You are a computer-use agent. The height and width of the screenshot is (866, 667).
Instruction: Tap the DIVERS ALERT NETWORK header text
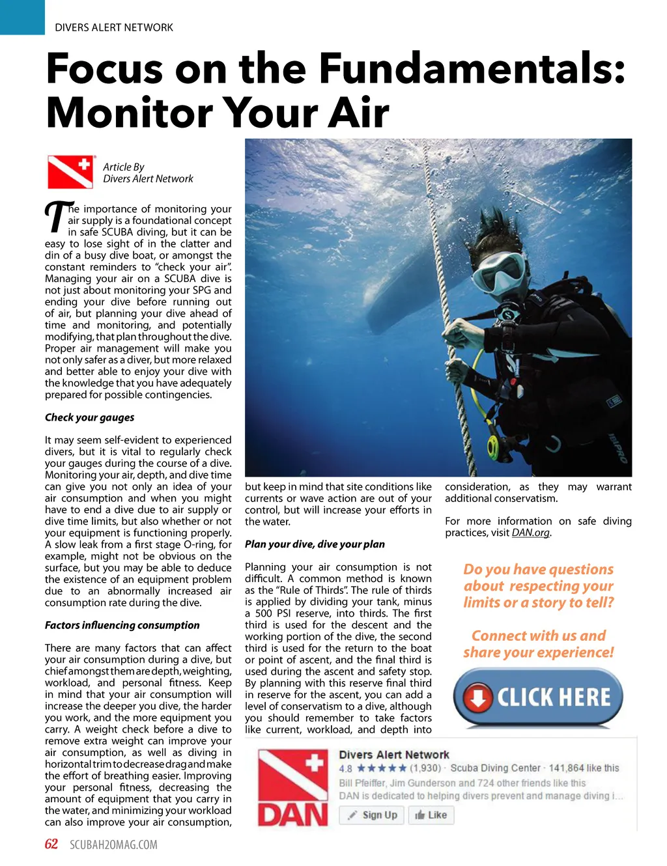[x=114, y=27]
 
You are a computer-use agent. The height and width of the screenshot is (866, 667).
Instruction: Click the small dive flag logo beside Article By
[x=70, y=172]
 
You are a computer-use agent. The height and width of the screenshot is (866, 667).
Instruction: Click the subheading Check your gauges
[x=89, y=417]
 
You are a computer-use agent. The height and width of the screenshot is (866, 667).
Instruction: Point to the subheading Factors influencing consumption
[x=122, y=625]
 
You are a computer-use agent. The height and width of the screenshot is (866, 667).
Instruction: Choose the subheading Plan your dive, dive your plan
[x=315, y=544]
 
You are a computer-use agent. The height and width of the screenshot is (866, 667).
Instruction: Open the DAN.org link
[x=530, y=533]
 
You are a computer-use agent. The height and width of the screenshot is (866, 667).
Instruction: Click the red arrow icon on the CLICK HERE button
[x=478, y=698]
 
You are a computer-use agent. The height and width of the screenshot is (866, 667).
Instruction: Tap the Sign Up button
[x=372, y=815]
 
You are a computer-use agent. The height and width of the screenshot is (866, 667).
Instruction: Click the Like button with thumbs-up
[x=431, y=815]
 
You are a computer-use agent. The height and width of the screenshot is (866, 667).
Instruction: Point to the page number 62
[x=51, y=845]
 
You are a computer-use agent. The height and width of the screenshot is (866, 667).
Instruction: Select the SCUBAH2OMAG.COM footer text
[x=113, y=845]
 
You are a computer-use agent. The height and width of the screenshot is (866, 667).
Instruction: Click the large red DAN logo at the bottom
[x=293, y=788]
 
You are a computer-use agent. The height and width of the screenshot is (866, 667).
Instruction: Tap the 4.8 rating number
[x=345, y=768]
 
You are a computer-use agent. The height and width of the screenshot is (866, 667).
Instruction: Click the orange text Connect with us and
[x=538, y=636]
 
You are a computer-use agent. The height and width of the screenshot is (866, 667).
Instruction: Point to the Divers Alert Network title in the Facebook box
[x=394, y=755]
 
